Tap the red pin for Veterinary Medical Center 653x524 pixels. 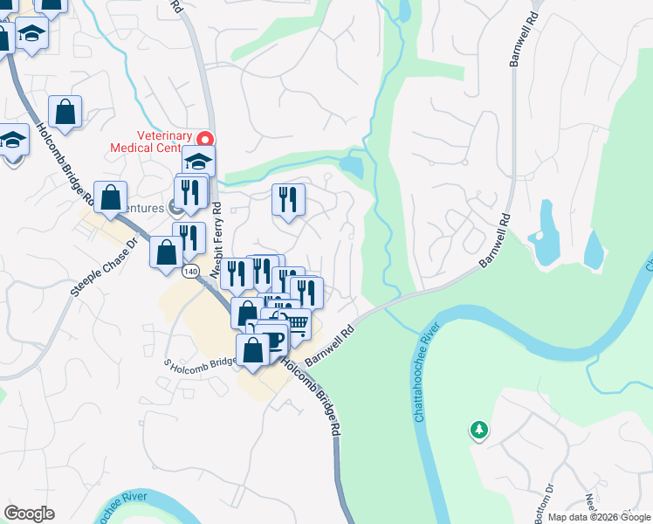tap(204, 139)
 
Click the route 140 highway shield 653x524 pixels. tap(190, 272)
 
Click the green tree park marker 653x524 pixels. tap(478, 429)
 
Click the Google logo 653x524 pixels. tap(29, 514)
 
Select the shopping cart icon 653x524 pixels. tap(298, 324)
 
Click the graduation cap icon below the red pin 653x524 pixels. tap(198, 162)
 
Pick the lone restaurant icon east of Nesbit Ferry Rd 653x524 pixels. tap(287, 200)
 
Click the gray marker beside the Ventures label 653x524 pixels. tap(175, 208)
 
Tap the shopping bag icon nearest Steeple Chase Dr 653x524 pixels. tap(166, 253)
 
